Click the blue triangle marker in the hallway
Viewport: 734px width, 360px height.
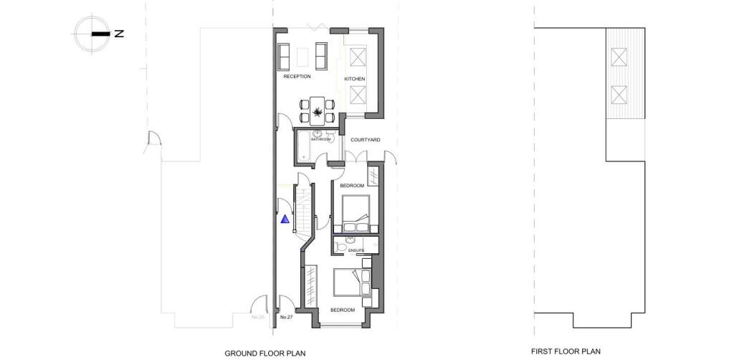click(x=285, y=219)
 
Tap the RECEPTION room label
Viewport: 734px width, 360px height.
click(x=297, y=76)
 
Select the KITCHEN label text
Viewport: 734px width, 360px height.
click(x=355, y=78)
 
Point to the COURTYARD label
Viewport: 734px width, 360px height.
click(x=365, y=140)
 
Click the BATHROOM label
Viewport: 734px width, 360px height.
click(x=321, y=139)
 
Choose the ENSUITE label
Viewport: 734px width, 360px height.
click(x=356, y=250)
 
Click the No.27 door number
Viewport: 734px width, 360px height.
click(x=286, y=316)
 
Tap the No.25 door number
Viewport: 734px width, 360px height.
click(x=258, y=316)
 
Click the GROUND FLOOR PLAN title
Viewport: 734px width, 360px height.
click(x=265, y=353)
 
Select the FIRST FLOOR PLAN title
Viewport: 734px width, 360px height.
click(x=566, y=351)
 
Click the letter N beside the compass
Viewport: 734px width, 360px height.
click(x=119, y=34)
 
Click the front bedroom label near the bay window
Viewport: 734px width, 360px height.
click(x=342, y=310)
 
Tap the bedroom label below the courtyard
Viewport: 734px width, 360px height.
click(x=352, y=186)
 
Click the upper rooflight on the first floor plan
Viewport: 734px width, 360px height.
click(x=618, y=56)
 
